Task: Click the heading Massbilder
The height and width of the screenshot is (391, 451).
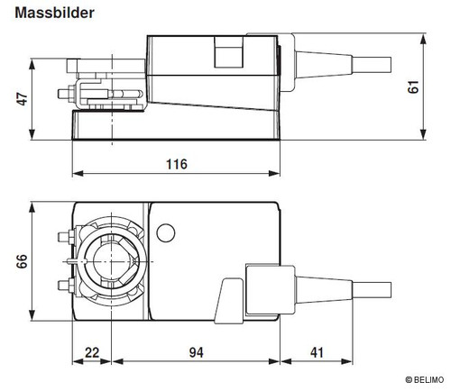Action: click(x=55, y=13)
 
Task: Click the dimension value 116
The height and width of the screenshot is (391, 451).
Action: click(x=177, y=164)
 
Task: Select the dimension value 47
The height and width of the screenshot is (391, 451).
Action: click(x=22, y=99)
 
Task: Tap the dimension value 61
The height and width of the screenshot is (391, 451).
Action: click(x=413, y=86)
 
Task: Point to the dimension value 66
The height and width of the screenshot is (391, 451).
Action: click(x=22, y=261)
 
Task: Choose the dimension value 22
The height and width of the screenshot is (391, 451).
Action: click(x=92, y=352)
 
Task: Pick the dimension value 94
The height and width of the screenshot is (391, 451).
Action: click(x=196, y=352)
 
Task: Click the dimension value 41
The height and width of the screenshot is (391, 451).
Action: click(x=317, y=352)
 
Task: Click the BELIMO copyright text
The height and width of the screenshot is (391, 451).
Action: click(x=424, y=380)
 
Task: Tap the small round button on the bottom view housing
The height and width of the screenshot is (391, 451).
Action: click(x=166, y=233)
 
